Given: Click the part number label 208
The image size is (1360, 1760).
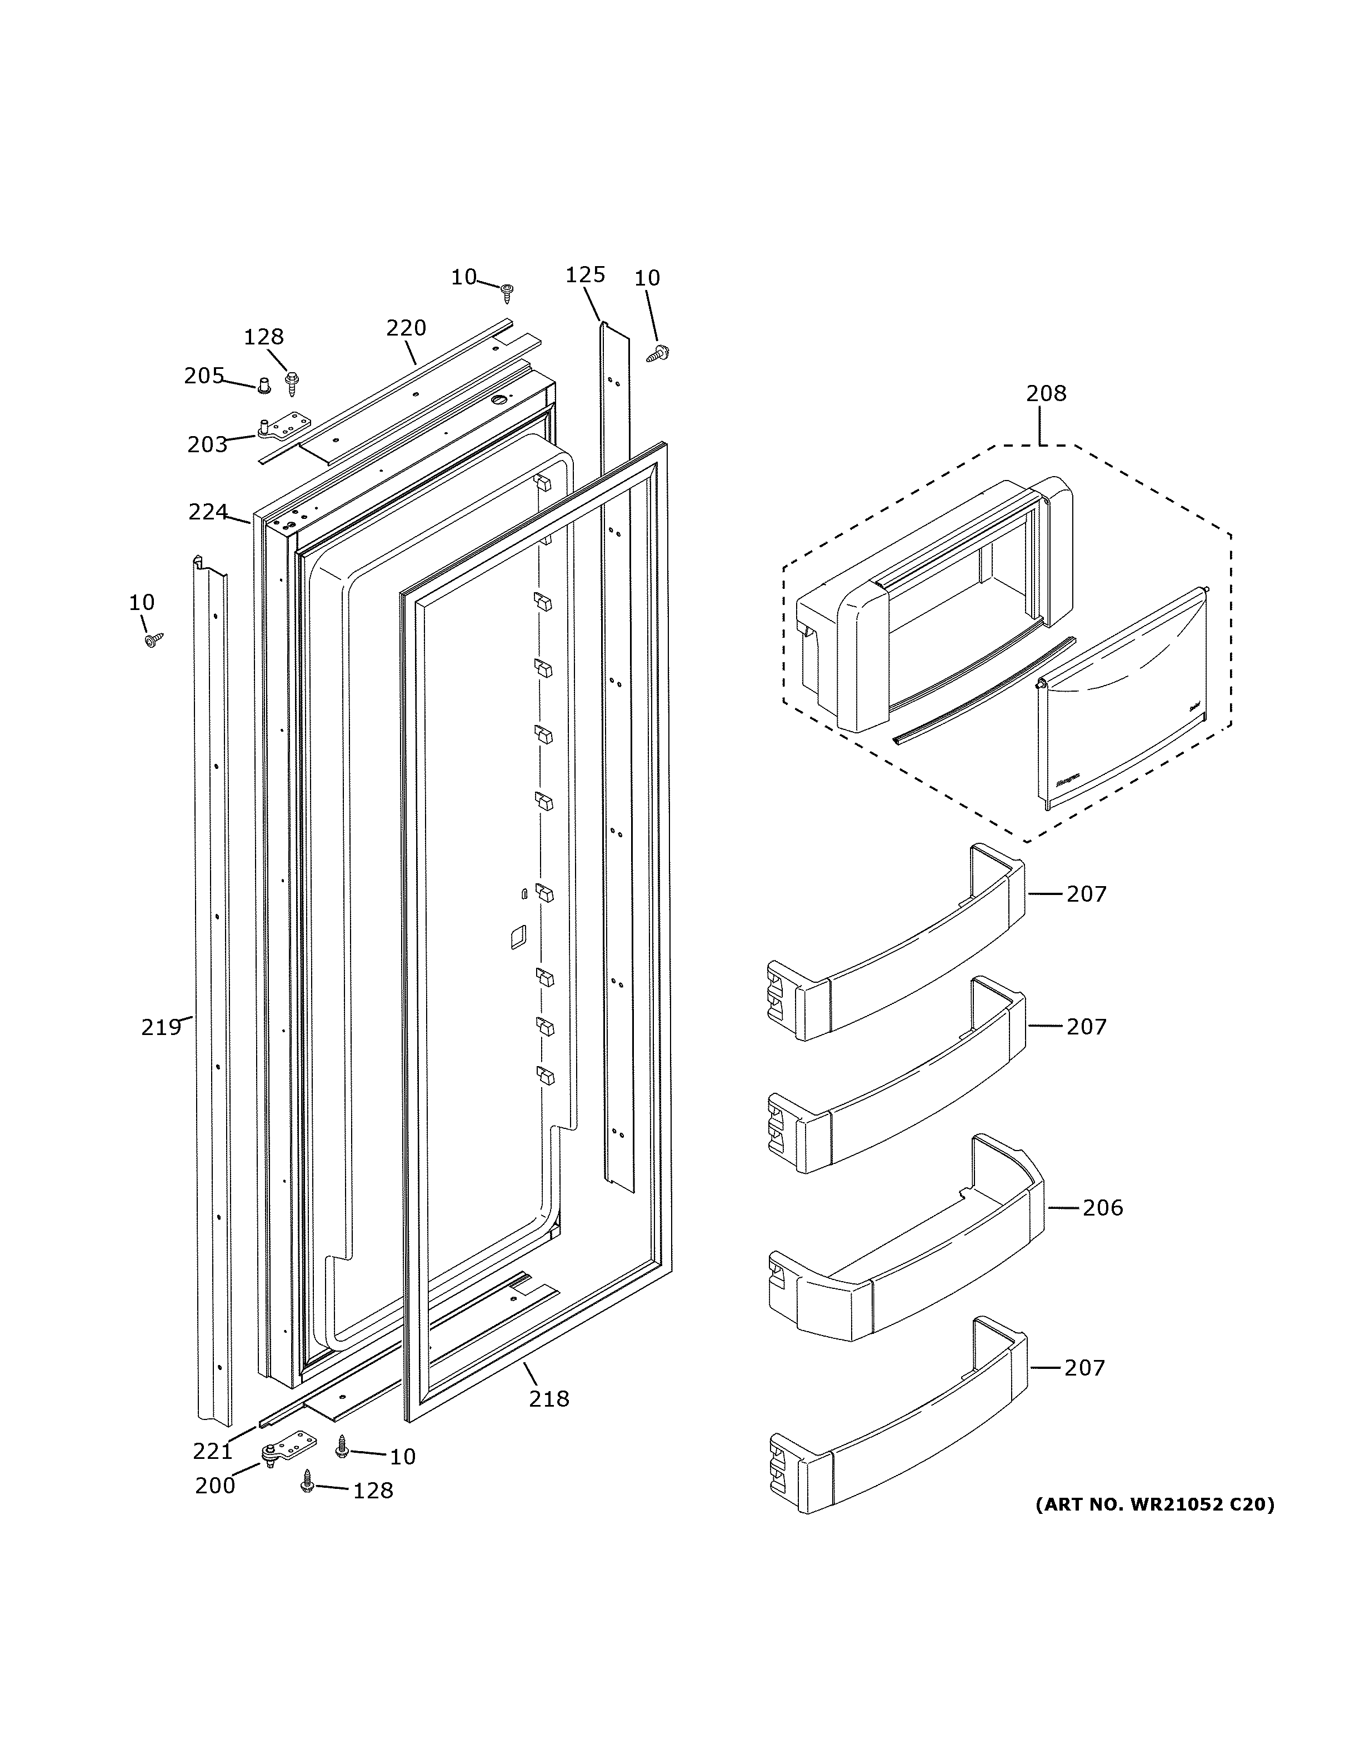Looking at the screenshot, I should point(1046,393).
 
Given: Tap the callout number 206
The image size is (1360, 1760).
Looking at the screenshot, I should point(1102,1230).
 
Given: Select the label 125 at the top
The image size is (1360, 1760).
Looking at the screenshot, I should point(585,275).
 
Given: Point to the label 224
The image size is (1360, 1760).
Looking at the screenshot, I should point(208,512).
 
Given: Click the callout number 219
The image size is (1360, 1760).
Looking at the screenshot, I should point(161,1027).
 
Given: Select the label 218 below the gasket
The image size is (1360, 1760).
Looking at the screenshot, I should point(549,1398).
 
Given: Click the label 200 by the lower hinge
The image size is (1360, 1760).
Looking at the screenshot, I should point(215,1485).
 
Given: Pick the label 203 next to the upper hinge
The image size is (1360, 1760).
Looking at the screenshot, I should point(208,444).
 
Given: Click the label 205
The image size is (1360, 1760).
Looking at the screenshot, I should point(204,376).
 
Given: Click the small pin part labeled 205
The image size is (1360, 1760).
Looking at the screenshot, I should point(263,386).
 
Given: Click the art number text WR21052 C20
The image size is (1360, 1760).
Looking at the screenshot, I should point(1154,1504).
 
